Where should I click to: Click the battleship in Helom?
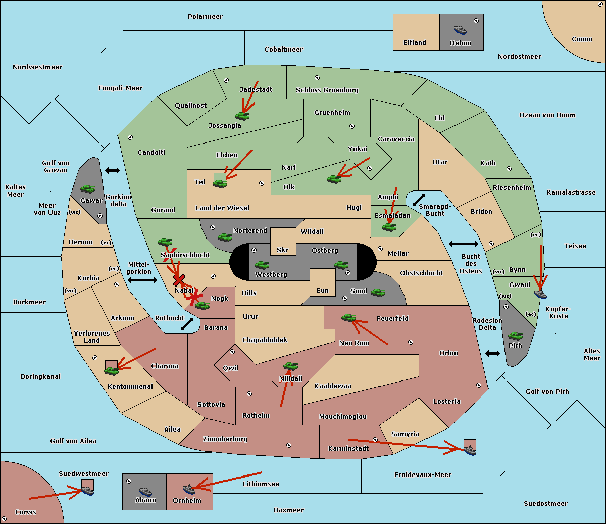[x=460, y=29]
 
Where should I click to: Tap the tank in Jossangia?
[x=242, y=116]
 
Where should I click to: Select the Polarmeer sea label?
[x=205, y=17]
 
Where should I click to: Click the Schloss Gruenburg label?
[x=327, y=90]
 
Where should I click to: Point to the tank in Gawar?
[x=88, y=188]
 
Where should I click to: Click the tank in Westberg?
[x=262, y=265]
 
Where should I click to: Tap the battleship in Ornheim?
[x=189, y=489]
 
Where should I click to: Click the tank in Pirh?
[x=515, y=336]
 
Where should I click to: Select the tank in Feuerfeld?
[x=349, y=317]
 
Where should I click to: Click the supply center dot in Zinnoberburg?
[x=289, y=445]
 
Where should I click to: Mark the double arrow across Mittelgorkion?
[x=142, y=280]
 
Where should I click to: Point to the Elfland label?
[x=415, y=43]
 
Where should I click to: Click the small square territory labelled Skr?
[x=283, y=242]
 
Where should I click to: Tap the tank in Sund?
[x=378, y=292]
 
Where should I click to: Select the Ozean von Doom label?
[x=547, y=115]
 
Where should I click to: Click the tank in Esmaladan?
[x=389, y=227]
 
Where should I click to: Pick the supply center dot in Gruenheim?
[x=352, y=126]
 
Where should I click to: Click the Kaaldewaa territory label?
[x=333, y=386]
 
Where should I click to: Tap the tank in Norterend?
[x=225, y=237]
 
